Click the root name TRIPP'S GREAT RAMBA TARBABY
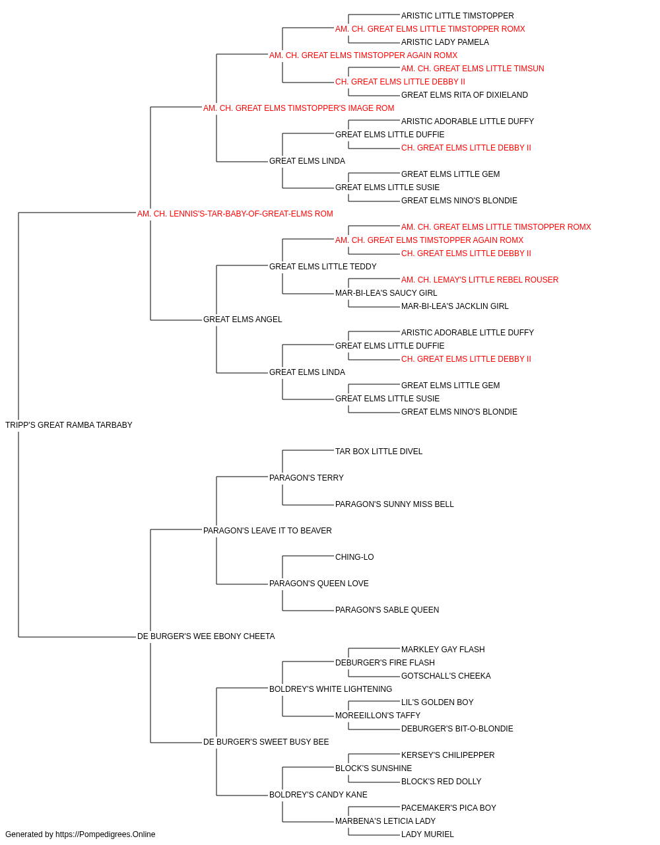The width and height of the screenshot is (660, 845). click(x=69, y=425)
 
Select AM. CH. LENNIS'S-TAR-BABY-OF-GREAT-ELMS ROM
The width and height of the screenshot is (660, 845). click(x=235, y=214)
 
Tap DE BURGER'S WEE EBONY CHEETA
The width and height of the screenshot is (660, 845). click(x=206, y=636)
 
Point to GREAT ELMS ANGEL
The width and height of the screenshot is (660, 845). click(x=242, y=320)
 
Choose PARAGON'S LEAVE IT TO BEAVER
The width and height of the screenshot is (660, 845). click(x=267, y=531)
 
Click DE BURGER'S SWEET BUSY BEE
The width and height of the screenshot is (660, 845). click(x=266, y=742)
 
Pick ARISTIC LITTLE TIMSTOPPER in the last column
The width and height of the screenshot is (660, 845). click(x=457, y=16)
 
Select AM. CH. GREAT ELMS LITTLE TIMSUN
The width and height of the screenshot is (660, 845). click(x=473, y=69)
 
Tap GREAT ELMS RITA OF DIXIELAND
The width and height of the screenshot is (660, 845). click(x=465, y=95)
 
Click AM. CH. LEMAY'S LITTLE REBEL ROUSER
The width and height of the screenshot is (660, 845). click(x=480, y=280)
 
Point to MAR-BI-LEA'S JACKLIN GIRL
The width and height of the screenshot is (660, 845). click(x=455, y=306)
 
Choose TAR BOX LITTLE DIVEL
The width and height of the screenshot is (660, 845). click(x=379, y=452)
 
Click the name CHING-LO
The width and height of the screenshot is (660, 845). click(x=354, y=557)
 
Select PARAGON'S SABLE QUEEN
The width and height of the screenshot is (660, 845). click(x=387, y=610)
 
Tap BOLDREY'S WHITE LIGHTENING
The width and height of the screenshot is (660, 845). click(x=331, y=689)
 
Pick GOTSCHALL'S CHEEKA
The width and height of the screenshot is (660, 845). click(x=446, y=676)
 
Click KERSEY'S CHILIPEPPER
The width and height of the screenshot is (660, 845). click(x=447, y=755)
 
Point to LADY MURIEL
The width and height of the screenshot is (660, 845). click(x=428, y=834)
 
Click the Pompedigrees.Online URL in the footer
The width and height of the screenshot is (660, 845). click(x=105, y=834)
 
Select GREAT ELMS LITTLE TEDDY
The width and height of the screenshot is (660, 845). click(x=323, y=266)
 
